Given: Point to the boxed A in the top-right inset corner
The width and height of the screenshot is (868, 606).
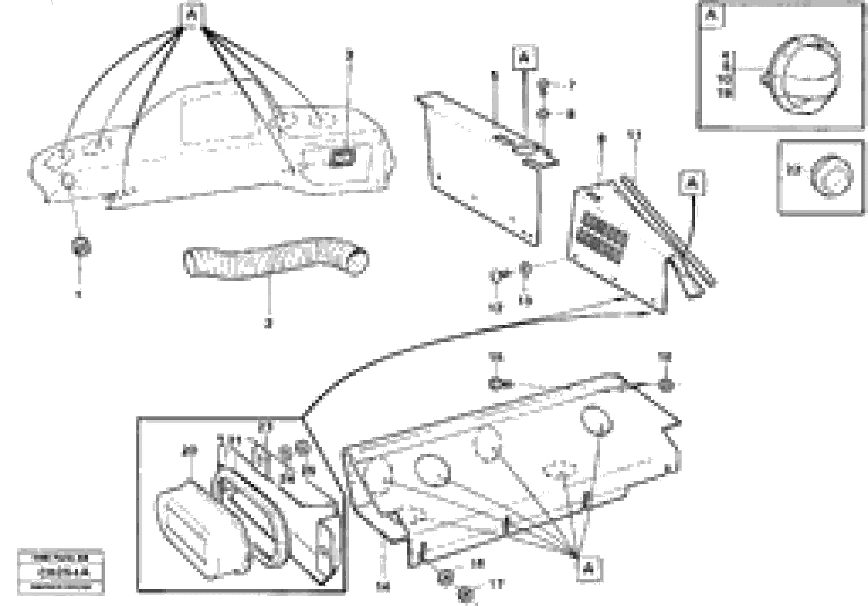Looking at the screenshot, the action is (712, 15).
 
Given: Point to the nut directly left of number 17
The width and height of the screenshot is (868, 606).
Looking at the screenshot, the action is (464, 593).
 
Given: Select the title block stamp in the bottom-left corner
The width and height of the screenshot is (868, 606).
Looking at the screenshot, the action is (61, 572).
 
